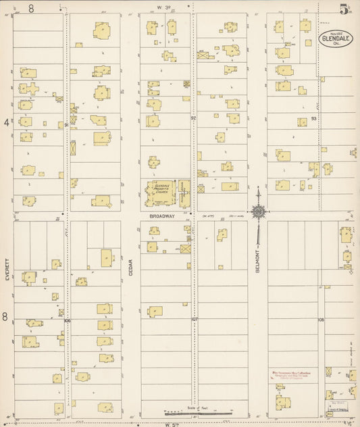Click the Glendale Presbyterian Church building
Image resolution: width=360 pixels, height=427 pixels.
coord(161,192)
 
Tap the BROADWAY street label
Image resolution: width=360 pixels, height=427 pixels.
coord(161,216)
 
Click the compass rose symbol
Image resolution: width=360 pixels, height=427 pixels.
coord(257,211)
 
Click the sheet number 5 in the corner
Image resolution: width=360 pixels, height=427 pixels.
coord(344,9)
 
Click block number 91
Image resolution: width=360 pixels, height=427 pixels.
coord(66,124)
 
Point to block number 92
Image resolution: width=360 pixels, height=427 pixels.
coord(192,118)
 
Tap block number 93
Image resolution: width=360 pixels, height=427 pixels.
coord(313,119)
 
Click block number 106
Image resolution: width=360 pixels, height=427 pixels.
coord(68,320)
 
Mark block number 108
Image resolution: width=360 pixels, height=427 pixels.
coord(321,319)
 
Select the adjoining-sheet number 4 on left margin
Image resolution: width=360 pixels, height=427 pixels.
coord(6,122)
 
